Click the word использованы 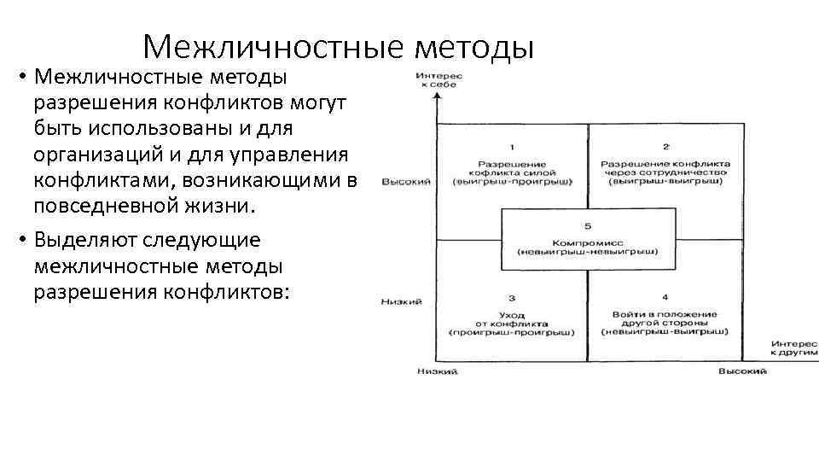coord(153,129)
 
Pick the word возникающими coord(270,181)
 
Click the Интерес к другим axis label coord(793,346)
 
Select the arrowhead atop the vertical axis coord(437,96)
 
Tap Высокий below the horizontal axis coord(741,371)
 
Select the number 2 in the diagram coord(665,147)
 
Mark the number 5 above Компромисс coord(588,225)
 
